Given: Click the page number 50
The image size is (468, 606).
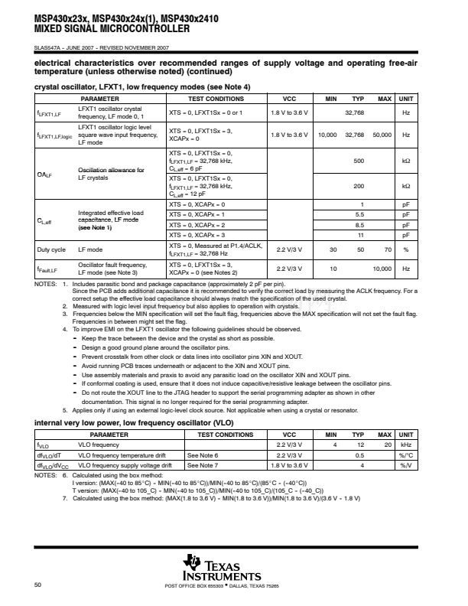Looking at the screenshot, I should (x=37, y=585).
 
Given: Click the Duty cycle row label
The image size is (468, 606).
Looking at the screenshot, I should (x=51, y=249).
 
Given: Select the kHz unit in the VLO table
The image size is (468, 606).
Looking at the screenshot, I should (x=406, y=444).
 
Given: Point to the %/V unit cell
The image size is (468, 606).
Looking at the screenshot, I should (x=406, y=464).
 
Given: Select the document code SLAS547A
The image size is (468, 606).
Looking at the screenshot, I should (x=51, y=50).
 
